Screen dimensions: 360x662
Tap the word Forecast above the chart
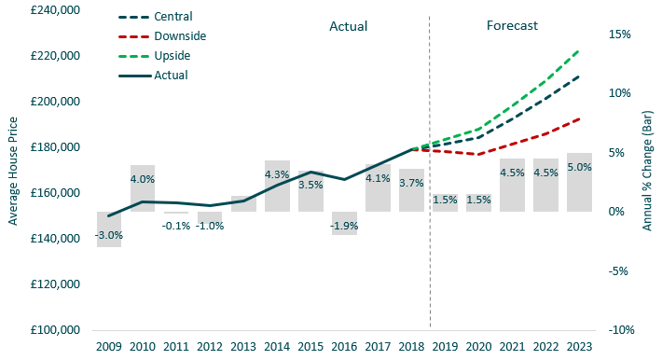click(x=512, y=26)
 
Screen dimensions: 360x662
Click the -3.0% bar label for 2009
click(x=109, y=235)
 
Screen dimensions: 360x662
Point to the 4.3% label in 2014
click(x=277, y=174)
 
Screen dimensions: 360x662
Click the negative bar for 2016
click(x=344, y=223)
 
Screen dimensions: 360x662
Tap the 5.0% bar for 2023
click(x=579, y=182)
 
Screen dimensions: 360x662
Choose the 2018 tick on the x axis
click(x=411, y=346)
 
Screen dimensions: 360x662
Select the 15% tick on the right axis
click(x=620, y=34)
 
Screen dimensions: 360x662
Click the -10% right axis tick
click(x=620, y=330)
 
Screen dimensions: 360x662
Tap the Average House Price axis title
click(x=13, y=171)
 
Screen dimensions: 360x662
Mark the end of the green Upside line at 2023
click(x=579, y=50)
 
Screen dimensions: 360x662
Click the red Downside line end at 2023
click(x=579, y=118)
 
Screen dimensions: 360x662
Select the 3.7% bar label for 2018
click(x=411, y=184)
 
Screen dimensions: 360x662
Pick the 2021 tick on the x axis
click(x=512, y=346)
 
